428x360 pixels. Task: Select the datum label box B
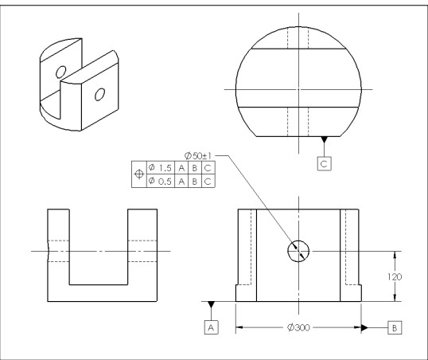point(395,327)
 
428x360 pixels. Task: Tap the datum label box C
point(324,162)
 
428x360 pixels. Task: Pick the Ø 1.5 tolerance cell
point(159,168)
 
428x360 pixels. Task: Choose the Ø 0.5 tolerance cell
point(159,182)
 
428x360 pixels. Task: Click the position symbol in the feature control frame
point(140,175)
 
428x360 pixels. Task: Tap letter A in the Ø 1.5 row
point(181,168)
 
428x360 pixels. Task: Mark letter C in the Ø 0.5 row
point(208,182)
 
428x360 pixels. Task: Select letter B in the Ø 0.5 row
point(195,182)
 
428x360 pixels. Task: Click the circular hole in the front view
point(299,250)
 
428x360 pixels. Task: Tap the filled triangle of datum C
point(324,142)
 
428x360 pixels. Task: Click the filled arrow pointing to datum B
point(363,327)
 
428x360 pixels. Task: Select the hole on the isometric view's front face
point(99,94)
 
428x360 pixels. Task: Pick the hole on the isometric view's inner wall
point(60,72)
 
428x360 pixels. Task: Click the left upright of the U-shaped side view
point(59,247)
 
